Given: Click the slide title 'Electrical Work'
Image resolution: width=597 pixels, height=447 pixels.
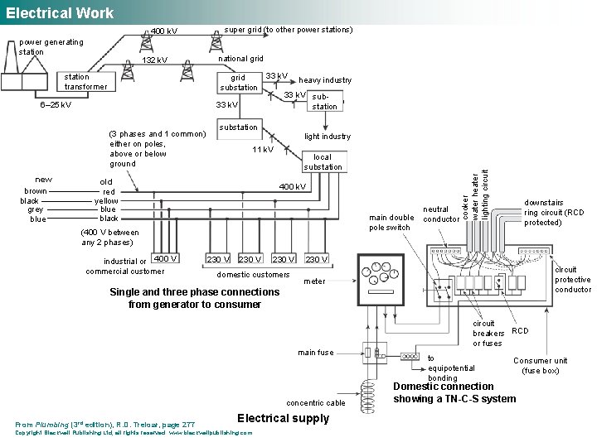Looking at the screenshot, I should point(60,12).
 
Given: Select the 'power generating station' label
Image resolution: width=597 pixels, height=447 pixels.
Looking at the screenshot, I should point(51,47).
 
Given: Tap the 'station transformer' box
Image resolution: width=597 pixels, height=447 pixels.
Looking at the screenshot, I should point(85,82).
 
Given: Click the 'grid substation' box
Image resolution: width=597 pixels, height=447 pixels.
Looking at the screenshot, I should point(238,82).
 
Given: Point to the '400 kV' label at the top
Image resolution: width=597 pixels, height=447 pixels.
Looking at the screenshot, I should point(163,32).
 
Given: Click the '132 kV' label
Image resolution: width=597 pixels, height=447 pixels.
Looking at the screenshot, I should point(154,60).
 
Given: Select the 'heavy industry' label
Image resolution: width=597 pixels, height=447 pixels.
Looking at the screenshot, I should point(325,80).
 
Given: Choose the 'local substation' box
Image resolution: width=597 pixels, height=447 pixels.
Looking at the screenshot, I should point(323,161).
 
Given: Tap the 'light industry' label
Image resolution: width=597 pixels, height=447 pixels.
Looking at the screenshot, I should point(327,137).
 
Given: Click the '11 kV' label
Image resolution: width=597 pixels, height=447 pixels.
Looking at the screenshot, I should point(262,150).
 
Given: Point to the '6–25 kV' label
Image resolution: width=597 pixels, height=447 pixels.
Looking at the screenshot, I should point(56,105).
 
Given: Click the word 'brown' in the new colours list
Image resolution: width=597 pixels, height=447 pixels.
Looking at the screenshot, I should point(36,191).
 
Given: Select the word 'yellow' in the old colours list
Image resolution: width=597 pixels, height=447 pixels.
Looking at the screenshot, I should point(106,200).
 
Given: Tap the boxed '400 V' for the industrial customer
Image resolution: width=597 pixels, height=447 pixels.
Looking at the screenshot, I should point(166,259).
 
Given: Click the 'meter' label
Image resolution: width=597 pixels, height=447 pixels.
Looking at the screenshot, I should point(314,281).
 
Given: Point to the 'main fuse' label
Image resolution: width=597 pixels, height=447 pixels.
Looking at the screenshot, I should point(316,353).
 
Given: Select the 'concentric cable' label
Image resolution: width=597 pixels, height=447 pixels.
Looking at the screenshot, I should point(315,403).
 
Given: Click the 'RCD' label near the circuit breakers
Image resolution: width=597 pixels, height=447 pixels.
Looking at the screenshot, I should point(520,330).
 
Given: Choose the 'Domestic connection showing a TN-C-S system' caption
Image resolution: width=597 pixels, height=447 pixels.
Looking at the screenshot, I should point(454,392).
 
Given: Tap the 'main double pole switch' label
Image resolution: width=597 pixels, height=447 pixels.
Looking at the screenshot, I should point(390,223).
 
